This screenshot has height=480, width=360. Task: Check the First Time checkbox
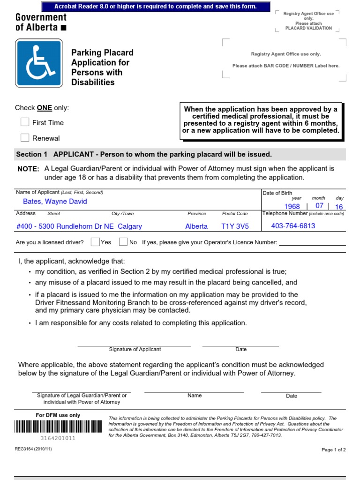click(x=25, y=122)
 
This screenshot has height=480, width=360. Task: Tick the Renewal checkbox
click(x=25, y=138)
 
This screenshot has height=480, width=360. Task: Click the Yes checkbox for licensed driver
click(x=95, y=242)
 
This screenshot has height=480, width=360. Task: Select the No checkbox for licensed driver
click(x=123, y=242)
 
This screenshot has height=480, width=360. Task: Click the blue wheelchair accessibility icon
click(x=38, y=63)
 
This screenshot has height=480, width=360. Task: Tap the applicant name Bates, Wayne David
click(x=55, y=202)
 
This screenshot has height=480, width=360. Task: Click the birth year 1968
click(x=292, y=206)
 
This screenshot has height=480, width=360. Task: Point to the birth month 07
click(x=319, y=206)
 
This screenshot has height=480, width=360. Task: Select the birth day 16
click(x=339, y=207)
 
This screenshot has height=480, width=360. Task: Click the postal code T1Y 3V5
click(x=235, y=226)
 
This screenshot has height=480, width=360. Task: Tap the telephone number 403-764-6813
click(x=293, y=226)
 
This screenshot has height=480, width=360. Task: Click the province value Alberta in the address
click(x=196, y=226)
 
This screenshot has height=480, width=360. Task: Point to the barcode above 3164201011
click(x=58, y=426)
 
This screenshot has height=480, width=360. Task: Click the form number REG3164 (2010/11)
click(x=33, y=449)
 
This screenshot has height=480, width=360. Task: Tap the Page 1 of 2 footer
click(x=333, y=450)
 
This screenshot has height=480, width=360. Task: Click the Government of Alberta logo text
click(x=41, y=22)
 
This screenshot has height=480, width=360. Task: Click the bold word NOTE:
click(x=28, y=169)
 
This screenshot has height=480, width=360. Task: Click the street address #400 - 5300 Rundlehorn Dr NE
click(x=65, y=226)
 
